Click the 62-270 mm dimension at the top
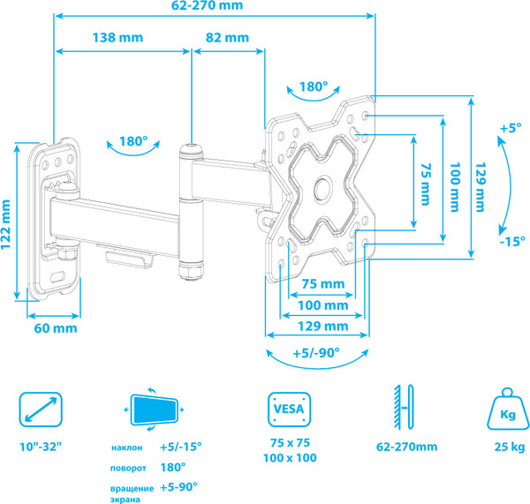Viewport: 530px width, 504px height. click(213, 7)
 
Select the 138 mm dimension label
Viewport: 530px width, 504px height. click(119, 38)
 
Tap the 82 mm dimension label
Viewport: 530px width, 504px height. click(227, 38)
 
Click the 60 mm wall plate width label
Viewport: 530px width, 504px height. click(56, 327)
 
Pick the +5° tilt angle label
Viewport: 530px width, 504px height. click(510, 128)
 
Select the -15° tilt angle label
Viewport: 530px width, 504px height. click(510, 241)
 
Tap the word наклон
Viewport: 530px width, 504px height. click(127, 448)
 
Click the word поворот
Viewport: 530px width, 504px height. click(129, 467)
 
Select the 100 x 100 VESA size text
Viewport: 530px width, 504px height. click(290, 459)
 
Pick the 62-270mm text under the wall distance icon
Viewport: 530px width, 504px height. click(407, 447)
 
